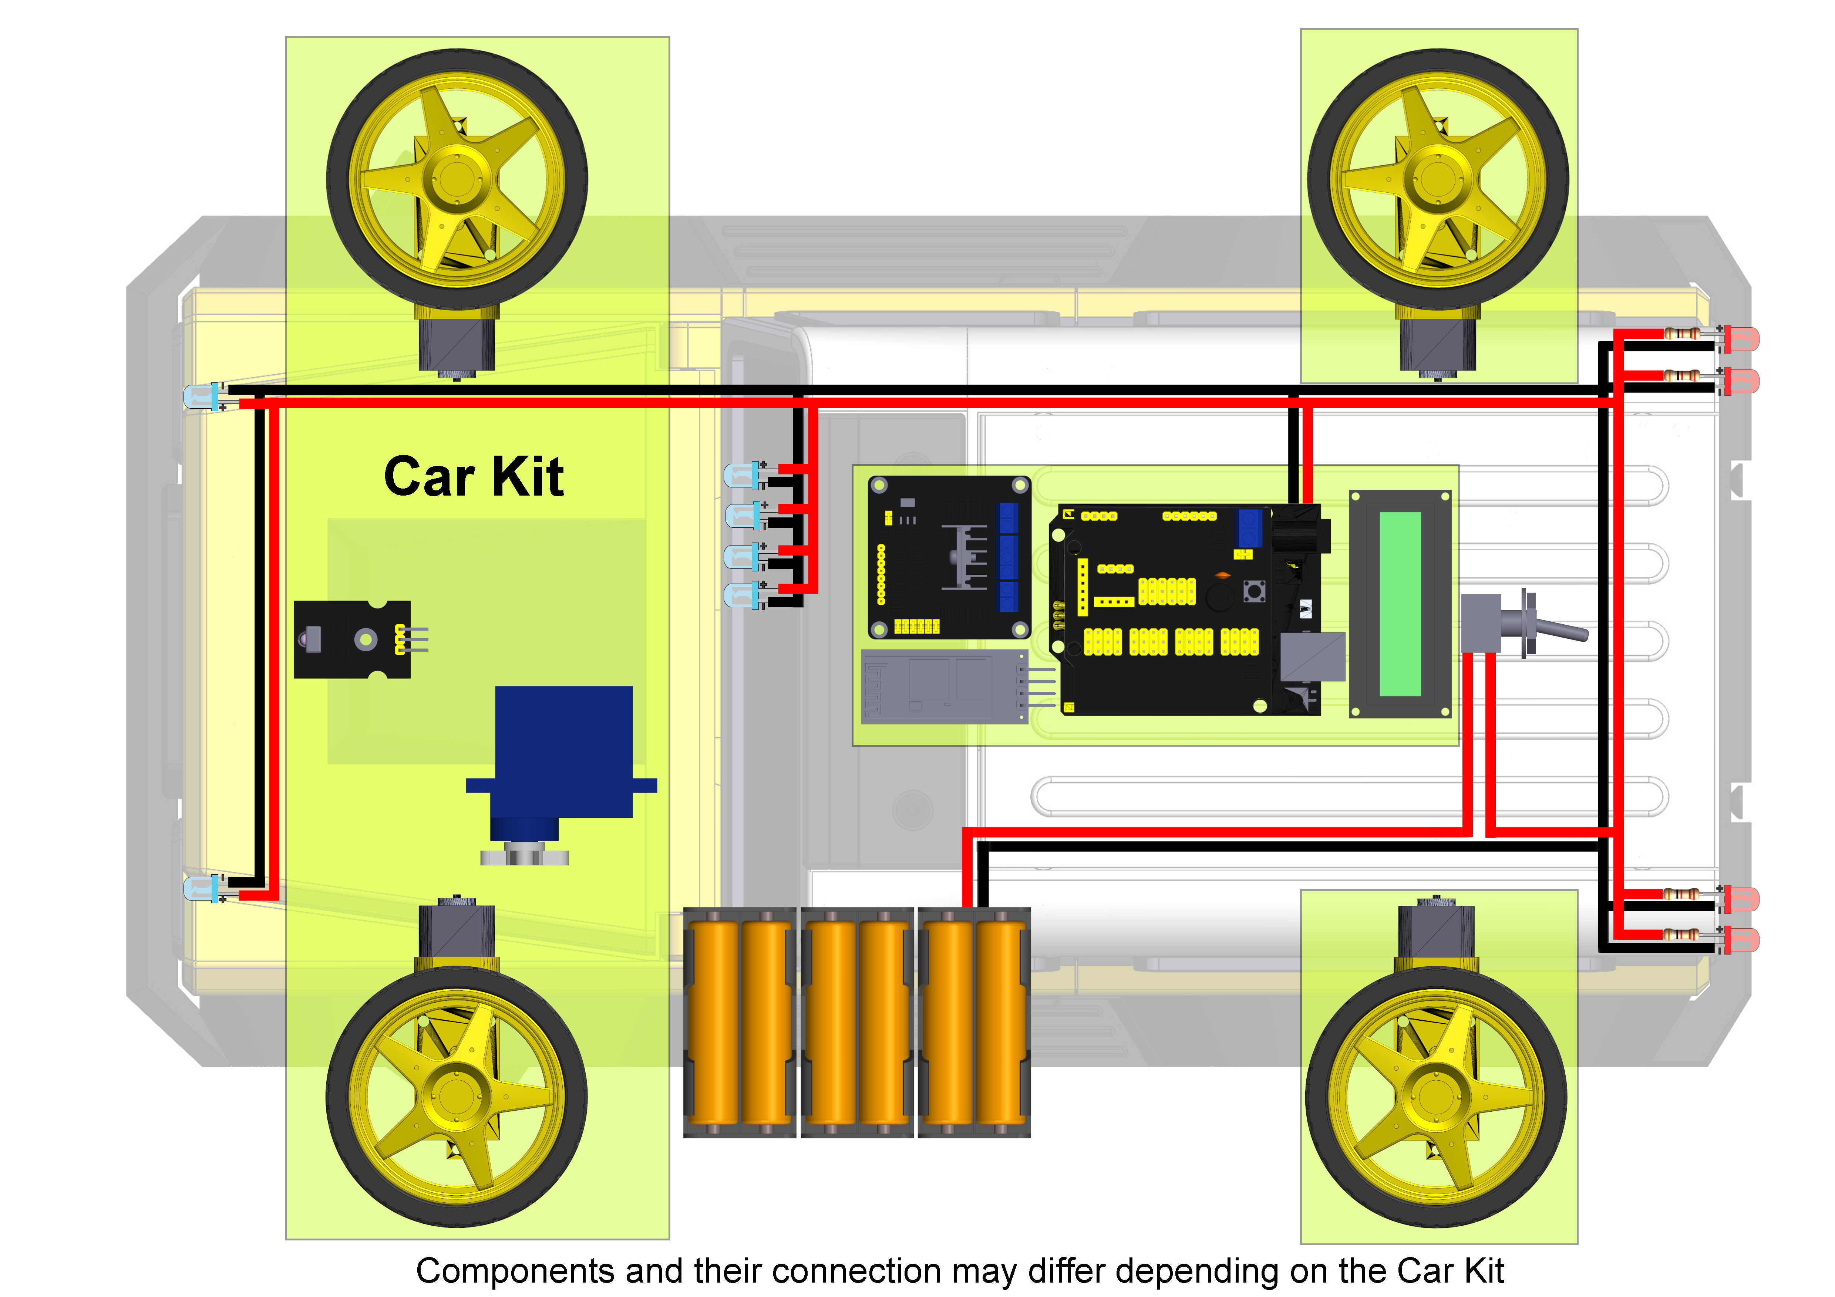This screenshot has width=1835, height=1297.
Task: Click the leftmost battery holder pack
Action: [739, 1023]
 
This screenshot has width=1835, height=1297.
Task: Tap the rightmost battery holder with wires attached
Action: [973, 1023]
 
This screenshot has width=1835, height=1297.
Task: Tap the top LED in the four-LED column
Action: [742, 476]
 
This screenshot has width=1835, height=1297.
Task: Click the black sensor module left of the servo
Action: [352, 639]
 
